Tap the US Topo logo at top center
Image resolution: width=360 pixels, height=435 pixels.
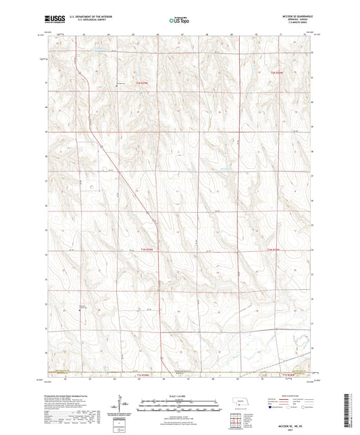coord(179,20)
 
